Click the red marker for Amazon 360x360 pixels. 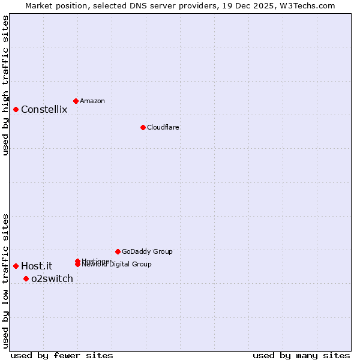tap(76, 101)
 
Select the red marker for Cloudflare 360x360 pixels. tap(143, 127)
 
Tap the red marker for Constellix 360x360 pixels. tap(16, 109)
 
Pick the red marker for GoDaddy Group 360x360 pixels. tap(118, 251)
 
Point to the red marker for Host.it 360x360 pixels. tap(16, 266)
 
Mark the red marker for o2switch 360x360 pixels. tap(26, 278)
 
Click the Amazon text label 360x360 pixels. tap(92, 101)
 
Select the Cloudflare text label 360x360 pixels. tap(163, 127)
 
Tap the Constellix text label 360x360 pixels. tap(44, 109)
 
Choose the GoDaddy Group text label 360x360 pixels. tap(147, 251)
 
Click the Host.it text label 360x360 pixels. tap(37, 266)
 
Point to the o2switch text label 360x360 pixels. tap(52, 278)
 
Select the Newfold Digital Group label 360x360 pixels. tap(118, 265)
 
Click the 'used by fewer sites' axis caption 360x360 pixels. tap(62, 355)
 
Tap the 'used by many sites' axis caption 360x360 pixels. tap(301, 355)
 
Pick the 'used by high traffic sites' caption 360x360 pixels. tap(6, 85)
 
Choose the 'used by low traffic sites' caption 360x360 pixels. tap(6, 281)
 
